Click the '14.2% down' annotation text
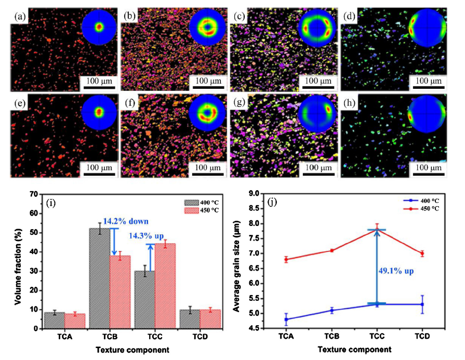[x=125, y=221]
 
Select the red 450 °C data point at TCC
[x=377, y=230]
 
